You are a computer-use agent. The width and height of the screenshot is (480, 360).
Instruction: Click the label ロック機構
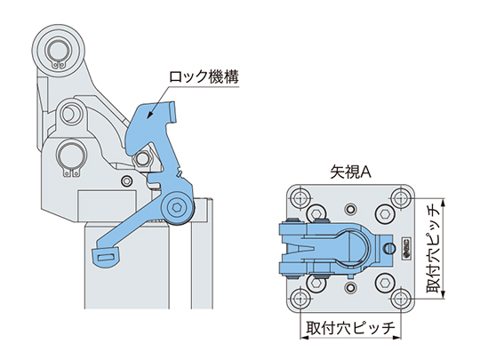204,77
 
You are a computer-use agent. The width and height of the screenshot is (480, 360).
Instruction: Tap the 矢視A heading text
350,172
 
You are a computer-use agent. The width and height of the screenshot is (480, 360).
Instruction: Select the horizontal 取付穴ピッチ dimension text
350,328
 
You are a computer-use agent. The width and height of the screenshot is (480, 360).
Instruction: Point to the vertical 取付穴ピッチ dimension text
433,248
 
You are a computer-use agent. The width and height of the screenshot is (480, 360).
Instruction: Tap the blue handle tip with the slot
106,256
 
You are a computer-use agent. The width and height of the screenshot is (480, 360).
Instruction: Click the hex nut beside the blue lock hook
141,158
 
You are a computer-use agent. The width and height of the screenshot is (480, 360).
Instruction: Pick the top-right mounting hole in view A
400,197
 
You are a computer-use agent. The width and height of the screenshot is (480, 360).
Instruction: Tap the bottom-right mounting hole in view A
400,297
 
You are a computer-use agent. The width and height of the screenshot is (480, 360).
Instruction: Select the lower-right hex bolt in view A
384,283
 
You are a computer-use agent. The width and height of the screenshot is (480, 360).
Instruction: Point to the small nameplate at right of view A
406,248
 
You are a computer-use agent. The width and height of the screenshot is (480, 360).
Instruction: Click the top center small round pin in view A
350,210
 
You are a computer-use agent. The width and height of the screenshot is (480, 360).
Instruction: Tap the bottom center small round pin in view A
350,287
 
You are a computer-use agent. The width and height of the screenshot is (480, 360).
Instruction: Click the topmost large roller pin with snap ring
58,52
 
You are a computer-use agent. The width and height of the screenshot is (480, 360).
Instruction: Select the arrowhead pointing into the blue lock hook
150,114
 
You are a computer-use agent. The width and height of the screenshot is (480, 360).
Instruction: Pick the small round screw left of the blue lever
127,181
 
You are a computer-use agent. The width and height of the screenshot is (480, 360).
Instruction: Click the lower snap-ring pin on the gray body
70,156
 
